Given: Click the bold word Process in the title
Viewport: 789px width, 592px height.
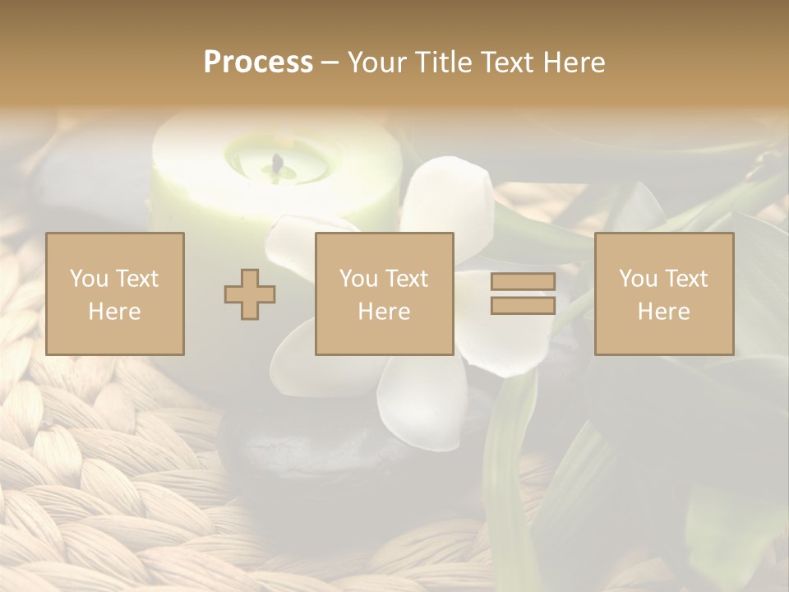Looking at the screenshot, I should tap(258, 62).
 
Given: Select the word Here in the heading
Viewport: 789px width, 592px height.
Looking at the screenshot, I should tap(572, 62).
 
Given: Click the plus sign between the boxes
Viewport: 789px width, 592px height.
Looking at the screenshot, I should tap(250, 294).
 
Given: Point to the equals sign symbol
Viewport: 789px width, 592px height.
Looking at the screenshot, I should tap(523, 294).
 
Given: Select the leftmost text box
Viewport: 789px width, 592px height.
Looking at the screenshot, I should tap(115, 294).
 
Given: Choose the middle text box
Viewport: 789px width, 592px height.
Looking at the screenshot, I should tap(385, 294).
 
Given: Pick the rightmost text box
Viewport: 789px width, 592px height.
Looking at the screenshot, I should tap(664, 294).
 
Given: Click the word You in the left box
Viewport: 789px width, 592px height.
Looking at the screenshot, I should tap(89, 279).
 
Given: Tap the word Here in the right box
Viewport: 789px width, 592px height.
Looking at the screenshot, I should tap(664, 312).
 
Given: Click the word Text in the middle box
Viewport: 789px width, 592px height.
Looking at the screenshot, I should tap(406, 279).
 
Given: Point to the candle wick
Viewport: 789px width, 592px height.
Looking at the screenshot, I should tap(278, 164).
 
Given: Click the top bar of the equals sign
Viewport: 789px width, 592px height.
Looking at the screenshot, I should tap(523, 282).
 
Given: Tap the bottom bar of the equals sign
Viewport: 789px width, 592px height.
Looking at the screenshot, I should tap(523, 306).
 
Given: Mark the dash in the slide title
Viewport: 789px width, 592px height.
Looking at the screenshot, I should tap(330, 62).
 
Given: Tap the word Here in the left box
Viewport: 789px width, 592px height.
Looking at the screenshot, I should tap(115, 312).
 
